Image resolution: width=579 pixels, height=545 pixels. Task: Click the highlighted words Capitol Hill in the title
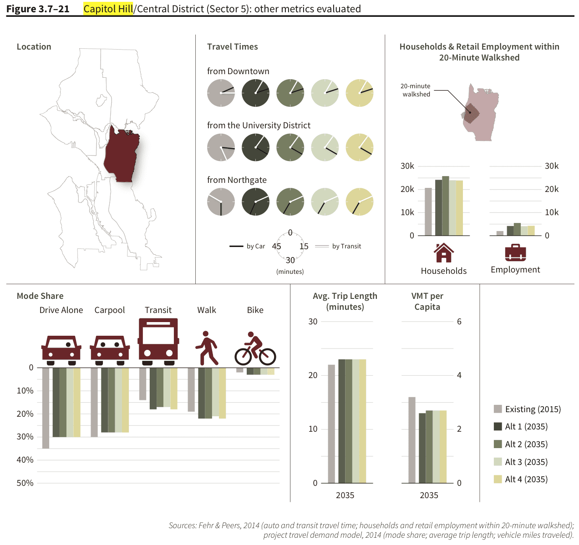pos(108,9)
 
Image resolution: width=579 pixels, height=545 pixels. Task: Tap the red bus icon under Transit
pos(158,341)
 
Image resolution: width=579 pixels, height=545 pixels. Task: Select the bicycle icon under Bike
pos(255,349)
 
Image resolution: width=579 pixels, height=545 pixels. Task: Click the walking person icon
pos(207,348)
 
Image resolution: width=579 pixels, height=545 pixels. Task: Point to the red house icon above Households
pos(444,253)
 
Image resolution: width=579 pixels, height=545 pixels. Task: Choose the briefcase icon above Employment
pos(515,253)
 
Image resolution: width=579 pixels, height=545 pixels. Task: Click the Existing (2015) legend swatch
pos(498,409)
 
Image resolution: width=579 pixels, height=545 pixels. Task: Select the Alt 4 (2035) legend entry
pos(526,479)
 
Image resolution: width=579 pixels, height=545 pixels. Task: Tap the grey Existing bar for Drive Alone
pos(46,408)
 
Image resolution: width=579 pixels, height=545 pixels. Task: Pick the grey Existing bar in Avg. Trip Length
pos(331,424)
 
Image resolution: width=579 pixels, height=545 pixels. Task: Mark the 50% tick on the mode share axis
pos(25,483)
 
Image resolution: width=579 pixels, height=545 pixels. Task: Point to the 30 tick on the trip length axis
pos(313,322)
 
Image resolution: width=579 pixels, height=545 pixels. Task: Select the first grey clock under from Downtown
pos(221,93)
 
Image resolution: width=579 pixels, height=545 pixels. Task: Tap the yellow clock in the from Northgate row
pos(360,202)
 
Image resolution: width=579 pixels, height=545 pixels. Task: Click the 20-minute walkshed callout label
pos(416,90)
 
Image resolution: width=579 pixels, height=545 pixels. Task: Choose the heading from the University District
pos(259,126)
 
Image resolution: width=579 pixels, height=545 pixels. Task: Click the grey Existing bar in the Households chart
pos(428,212)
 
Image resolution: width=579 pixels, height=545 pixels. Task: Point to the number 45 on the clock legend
pos(276,246)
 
